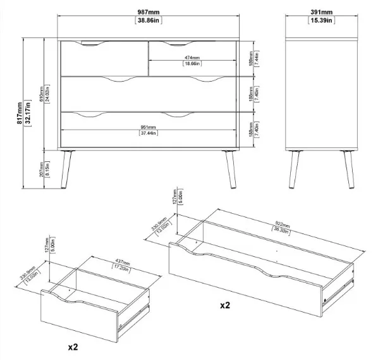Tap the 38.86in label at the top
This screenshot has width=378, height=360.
[x=149, y=21]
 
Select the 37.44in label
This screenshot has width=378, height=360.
[x=149, y=133]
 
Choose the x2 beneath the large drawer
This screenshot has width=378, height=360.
[x=224, y=306]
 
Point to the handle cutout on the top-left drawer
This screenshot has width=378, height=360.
[x=94, y=45]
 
